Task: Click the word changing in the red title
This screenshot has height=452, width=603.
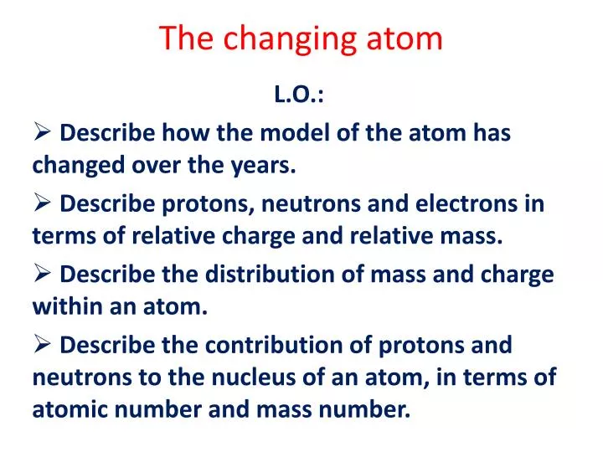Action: (x=288, y=39)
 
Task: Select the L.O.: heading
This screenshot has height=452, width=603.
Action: (x=301, y=95)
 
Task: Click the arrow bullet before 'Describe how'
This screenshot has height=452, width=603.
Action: (x=43, y=131)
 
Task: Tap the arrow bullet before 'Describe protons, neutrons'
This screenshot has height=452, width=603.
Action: (x=43, y=203)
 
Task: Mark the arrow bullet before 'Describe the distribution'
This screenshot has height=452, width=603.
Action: (x=43, y=273)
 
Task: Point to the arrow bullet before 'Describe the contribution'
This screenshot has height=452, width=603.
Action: (x=43, y=343)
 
